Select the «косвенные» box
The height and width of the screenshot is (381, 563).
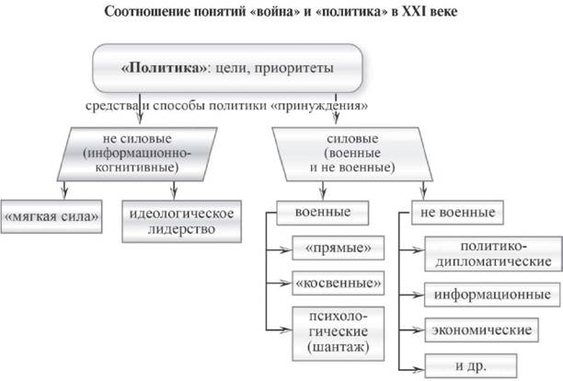coord(336,280)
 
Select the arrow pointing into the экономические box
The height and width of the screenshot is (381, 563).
coord(415,329)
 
